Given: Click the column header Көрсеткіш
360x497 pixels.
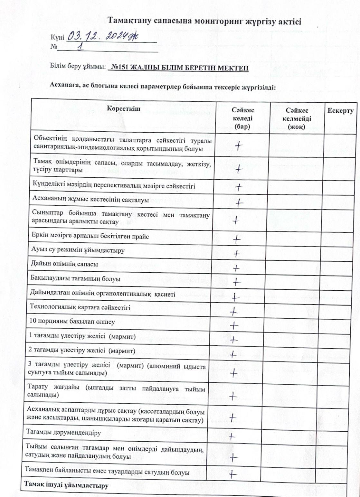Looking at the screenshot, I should coord(124,108).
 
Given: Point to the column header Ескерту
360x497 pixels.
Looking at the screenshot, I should coord(340,111).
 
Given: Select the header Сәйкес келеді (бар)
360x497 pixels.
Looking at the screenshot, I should coord(242,118).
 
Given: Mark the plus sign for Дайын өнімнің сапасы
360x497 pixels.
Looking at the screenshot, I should coord(236,268).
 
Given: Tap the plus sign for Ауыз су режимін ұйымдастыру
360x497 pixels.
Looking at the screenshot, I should coord(236,254).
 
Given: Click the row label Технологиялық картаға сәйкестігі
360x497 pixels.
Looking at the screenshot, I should coord(80,307).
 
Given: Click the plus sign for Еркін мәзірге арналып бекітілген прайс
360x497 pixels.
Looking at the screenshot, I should coord(237,239).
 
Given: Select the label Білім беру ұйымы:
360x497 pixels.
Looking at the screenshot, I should coord(78,67).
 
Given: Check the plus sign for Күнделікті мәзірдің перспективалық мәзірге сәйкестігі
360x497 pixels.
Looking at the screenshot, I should coord(239,187).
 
